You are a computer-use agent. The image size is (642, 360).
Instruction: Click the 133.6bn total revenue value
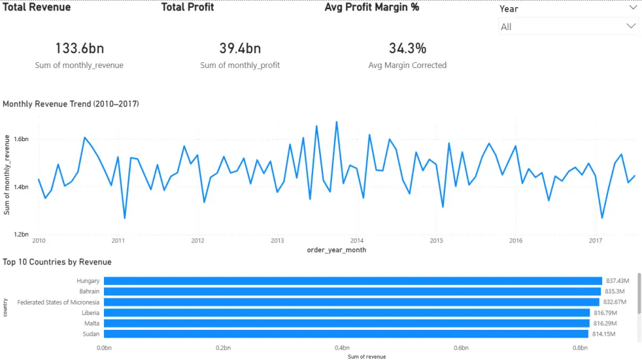(79, 48)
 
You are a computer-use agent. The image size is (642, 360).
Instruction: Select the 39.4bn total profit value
(239, 48)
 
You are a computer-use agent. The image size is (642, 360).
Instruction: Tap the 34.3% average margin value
(407, 48)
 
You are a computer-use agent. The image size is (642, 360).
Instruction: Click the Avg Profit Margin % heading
(372, 8)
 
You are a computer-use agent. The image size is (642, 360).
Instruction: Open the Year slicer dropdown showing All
(568, 26)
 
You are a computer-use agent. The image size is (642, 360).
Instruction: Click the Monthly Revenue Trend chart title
(71, 103)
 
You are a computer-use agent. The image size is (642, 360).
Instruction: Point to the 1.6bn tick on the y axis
(21, 139)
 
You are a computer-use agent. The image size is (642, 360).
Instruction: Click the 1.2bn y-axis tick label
(21, 235)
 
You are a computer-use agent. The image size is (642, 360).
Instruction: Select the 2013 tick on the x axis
(277, 241)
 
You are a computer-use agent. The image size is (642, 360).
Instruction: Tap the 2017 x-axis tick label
(595, 241)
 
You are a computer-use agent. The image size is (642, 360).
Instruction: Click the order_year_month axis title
(336, 250)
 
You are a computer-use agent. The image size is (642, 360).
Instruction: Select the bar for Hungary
(352, 281)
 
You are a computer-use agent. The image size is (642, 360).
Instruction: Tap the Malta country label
(91, 323)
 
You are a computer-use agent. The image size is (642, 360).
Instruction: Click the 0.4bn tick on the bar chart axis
(342, 348)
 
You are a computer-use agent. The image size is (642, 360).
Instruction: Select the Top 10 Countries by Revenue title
(57, 262)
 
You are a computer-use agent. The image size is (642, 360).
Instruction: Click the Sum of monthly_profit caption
(239, 65)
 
